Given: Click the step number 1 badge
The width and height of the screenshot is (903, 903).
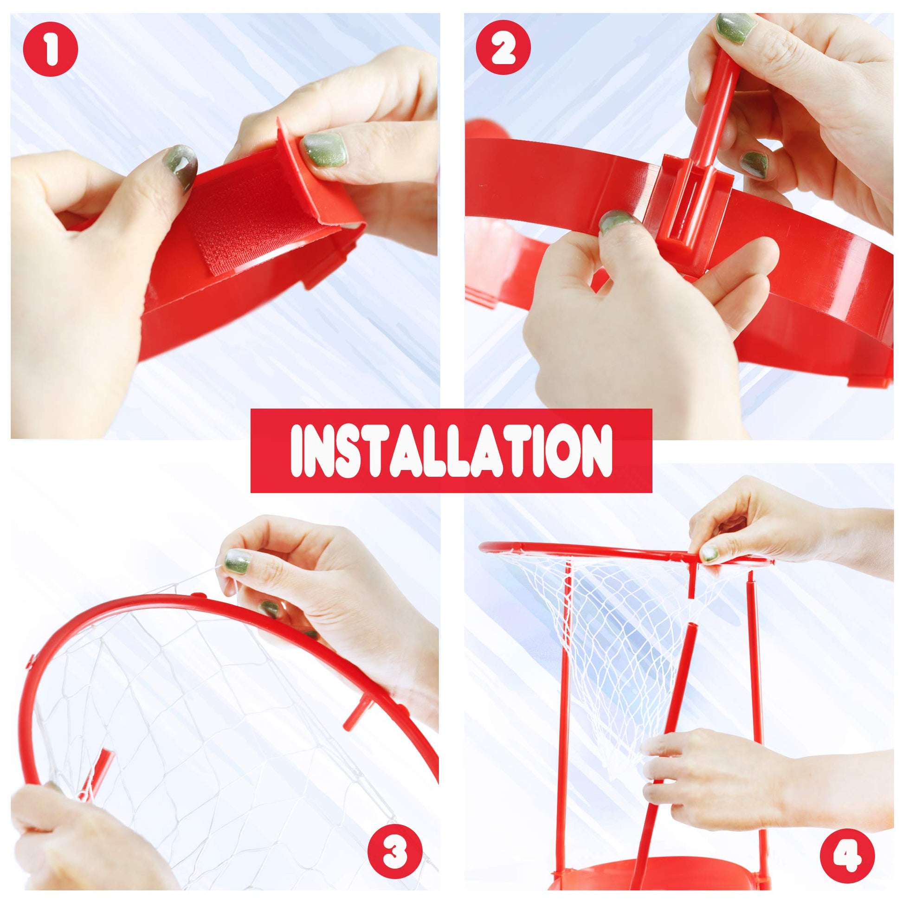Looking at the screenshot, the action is tap(51, 51).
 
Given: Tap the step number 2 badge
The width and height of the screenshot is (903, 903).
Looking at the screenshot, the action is tap(503, 51).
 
